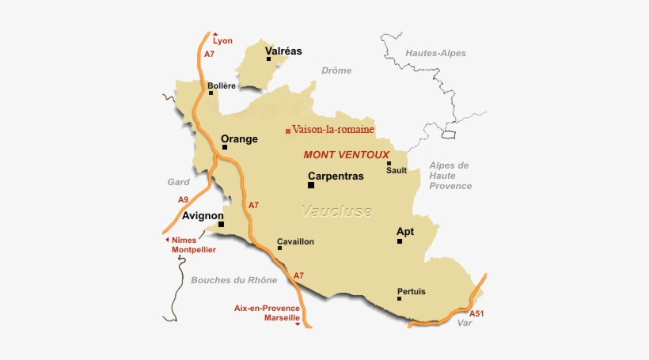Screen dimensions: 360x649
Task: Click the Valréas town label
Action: coord(283,51)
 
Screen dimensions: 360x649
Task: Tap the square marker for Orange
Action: coord(225,146)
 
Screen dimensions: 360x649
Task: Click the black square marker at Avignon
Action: coord(221,224)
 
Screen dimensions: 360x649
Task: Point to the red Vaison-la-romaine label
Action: coord(332,129)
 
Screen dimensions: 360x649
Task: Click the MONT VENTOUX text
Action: coord(346,154)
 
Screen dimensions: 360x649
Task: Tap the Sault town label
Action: coord(396,170)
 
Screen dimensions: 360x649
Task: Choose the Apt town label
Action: coord(404,232)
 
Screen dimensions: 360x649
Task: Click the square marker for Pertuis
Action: coord(399,299)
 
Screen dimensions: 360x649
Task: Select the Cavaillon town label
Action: coord(295,241)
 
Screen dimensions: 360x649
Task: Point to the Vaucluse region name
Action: coord(336,211)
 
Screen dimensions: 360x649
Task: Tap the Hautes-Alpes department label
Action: coord(435,53)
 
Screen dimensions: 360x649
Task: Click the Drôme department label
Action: coord(336,70)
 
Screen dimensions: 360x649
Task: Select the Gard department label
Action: coord(178,181)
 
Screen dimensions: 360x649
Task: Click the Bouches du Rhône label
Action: coord(233,280)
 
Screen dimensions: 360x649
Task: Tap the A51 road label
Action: coord(476,313)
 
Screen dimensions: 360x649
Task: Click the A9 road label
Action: coord(183,199)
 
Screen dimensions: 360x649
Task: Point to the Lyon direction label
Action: coord(222,40)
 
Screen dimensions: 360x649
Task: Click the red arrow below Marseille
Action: coord(297,323)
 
